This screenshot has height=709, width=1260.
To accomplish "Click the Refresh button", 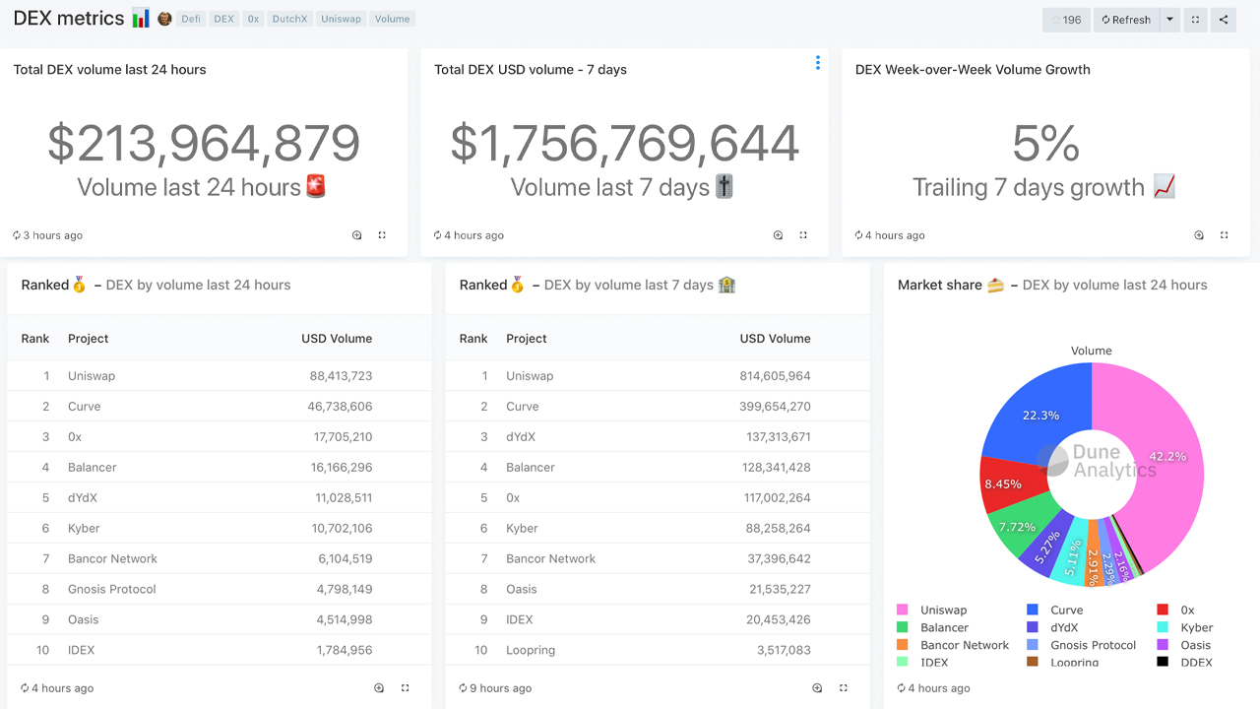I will tap(1125, 20).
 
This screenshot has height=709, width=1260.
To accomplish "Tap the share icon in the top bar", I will tap(1224, 20).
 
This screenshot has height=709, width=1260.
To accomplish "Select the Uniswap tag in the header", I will tap(341, 19).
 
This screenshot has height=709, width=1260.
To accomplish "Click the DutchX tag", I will tap(289, 19).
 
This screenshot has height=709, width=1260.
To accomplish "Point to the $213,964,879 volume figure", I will tap(204, 144).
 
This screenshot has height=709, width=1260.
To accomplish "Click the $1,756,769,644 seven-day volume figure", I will tap(624, 144).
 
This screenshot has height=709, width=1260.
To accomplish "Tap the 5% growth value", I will tap(1044, 144).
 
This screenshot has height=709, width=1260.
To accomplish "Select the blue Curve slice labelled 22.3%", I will tap(1034, 409).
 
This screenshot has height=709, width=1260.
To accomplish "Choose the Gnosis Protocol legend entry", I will tap(1093, 645).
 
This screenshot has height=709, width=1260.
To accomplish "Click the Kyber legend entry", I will tap(1196, 627).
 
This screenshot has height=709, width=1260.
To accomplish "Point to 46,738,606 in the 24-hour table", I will tap(340, 407).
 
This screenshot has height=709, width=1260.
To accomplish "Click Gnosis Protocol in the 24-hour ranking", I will tap(112, 590).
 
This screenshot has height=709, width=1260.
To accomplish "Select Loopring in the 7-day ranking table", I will tap(531, 651).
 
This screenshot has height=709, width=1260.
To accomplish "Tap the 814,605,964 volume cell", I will tap(775, 376).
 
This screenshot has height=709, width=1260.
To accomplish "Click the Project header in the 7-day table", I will tap(527, 339).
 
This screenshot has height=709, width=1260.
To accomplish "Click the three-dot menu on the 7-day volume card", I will tap(817, 63).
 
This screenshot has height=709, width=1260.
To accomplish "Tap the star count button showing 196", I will tap(1066, 20).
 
